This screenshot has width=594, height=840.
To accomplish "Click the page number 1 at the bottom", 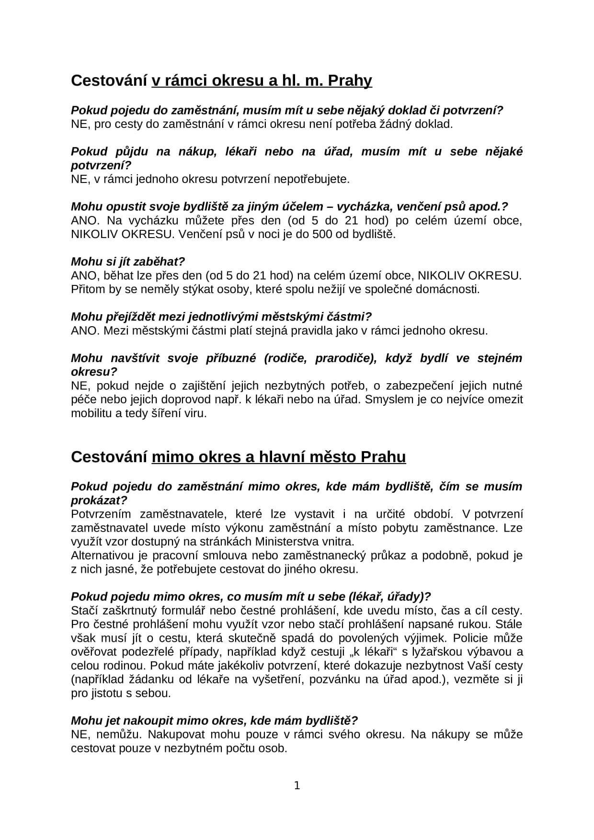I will tap(297, 785).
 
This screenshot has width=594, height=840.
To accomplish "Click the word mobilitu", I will tap(90, 413).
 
